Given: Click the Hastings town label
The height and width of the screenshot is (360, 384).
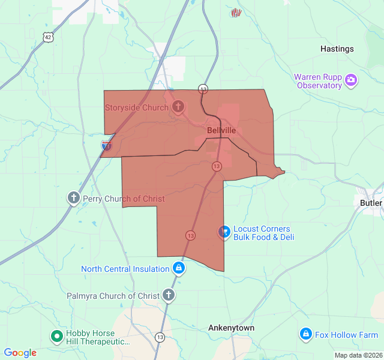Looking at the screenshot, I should point(337,49).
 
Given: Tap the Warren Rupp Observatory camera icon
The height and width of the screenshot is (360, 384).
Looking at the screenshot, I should point(351,80).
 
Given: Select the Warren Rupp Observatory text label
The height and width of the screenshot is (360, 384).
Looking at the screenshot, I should point(318,81).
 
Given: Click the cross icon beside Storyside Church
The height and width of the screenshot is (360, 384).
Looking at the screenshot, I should point(178,107).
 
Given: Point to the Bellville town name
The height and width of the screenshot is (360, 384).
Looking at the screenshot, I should point(221,130).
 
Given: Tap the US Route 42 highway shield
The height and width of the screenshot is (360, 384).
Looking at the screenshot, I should point(47,37).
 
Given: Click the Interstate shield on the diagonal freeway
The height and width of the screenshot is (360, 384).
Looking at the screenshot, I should point(106,145).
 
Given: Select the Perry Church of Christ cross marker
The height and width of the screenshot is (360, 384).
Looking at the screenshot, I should point(73,197).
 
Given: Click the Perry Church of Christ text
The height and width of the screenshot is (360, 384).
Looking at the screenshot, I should point(124,199).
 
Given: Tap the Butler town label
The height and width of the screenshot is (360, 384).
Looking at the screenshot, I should point(371,203).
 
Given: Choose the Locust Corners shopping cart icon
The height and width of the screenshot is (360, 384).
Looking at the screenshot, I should point(224,231).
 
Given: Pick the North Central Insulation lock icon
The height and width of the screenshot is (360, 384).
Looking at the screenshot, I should point(178,268).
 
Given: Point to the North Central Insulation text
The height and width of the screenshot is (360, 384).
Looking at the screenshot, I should point(125,269).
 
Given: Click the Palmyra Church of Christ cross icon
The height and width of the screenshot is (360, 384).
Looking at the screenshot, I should point(169,295).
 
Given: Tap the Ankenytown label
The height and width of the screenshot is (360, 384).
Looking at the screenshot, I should point(231,328).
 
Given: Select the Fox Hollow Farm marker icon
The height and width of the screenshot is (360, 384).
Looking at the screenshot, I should point(305,334).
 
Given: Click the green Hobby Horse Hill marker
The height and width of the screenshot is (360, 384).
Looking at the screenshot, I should point(57,337).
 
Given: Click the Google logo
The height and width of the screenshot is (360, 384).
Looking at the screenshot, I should point(20,353).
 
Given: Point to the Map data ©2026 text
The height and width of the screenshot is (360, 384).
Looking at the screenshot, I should point(358,355).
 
